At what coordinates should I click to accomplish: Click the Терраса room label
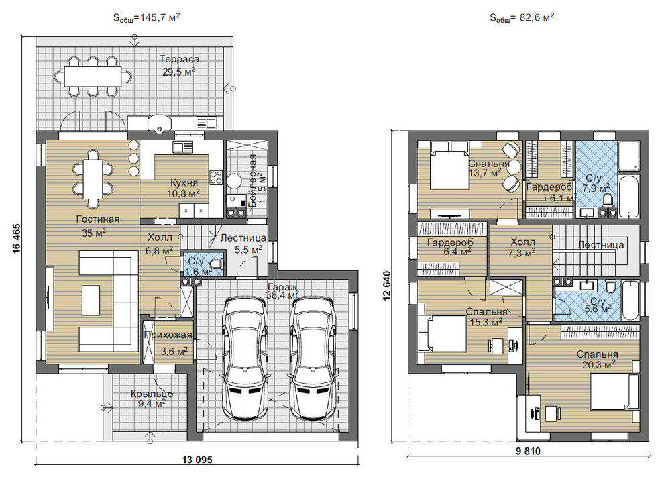click(x=179, y=59)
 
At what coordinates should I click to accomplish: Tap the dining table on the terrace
click(x=93, y=76)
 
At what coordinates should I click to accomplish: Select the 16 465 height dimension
click(x=16, y=238)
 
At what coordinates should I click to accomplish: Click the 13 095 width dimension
click(x=197, y=460)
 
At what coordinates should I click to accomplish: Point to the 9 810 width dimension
click(x=528, y=451)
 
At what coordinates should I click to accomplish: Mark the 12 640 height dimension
click(x=387, y=285)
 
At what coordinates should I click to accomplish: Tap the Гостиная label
click(x=98, y=219)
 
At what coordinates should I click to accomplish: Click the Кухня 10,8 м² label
click(x=184, y=189)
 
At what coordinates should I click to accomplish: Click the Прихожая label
click(x=168, y=335)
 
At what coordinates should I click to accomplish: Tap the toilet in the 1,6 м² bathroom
click(x=217, y=264)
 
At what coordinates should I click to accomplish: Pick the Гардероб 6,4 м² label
click(x=450, y=248)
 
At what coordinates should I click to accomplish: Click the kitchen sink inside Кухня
click(x=183, y=147)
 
